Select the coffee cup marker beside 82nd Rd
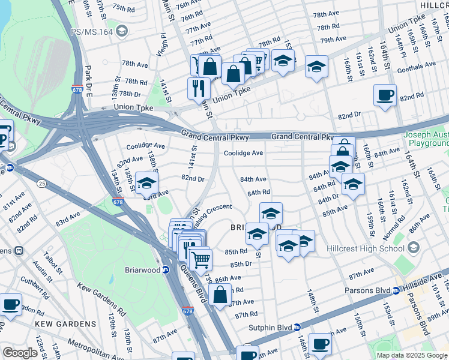pos(385,95)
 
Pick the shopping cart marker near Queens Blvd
pos(200,260)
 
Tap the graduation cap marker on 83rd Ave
pos(146,184)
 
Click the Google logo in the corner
pos(20,353)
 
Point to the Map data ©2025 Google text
pos(412,355)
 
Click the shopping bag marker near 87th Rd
pos(220,295)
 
